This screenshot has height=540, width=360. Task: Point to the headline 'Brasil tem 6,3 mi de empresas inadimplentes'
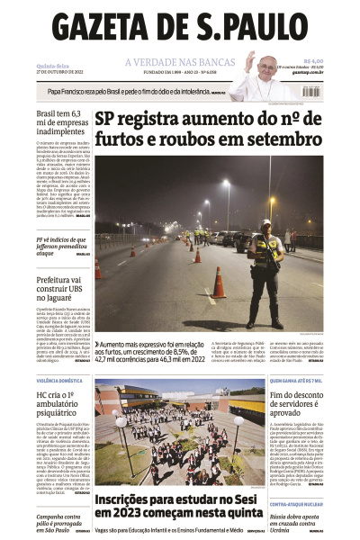(61, 125)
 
